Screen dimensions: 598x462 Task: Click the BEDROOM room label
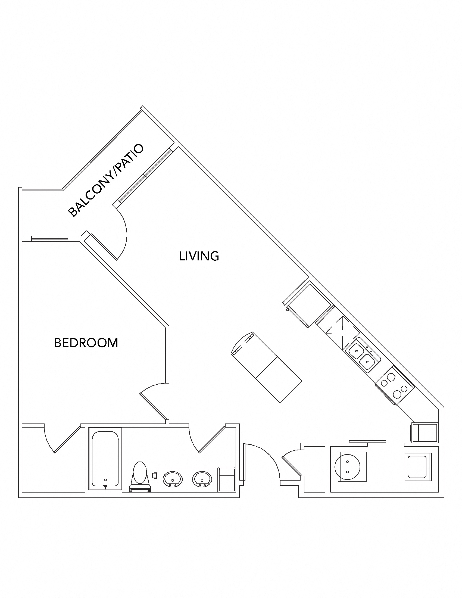(86, 343)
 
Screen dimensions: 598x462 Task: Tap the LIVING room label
(199, 256)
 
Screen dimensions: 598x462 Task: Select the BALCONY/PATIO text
(105, 181)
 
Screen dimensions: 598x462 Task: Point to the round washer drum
(347, 466)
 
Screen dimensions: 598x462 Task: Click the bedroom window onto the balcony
(49, 239)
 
